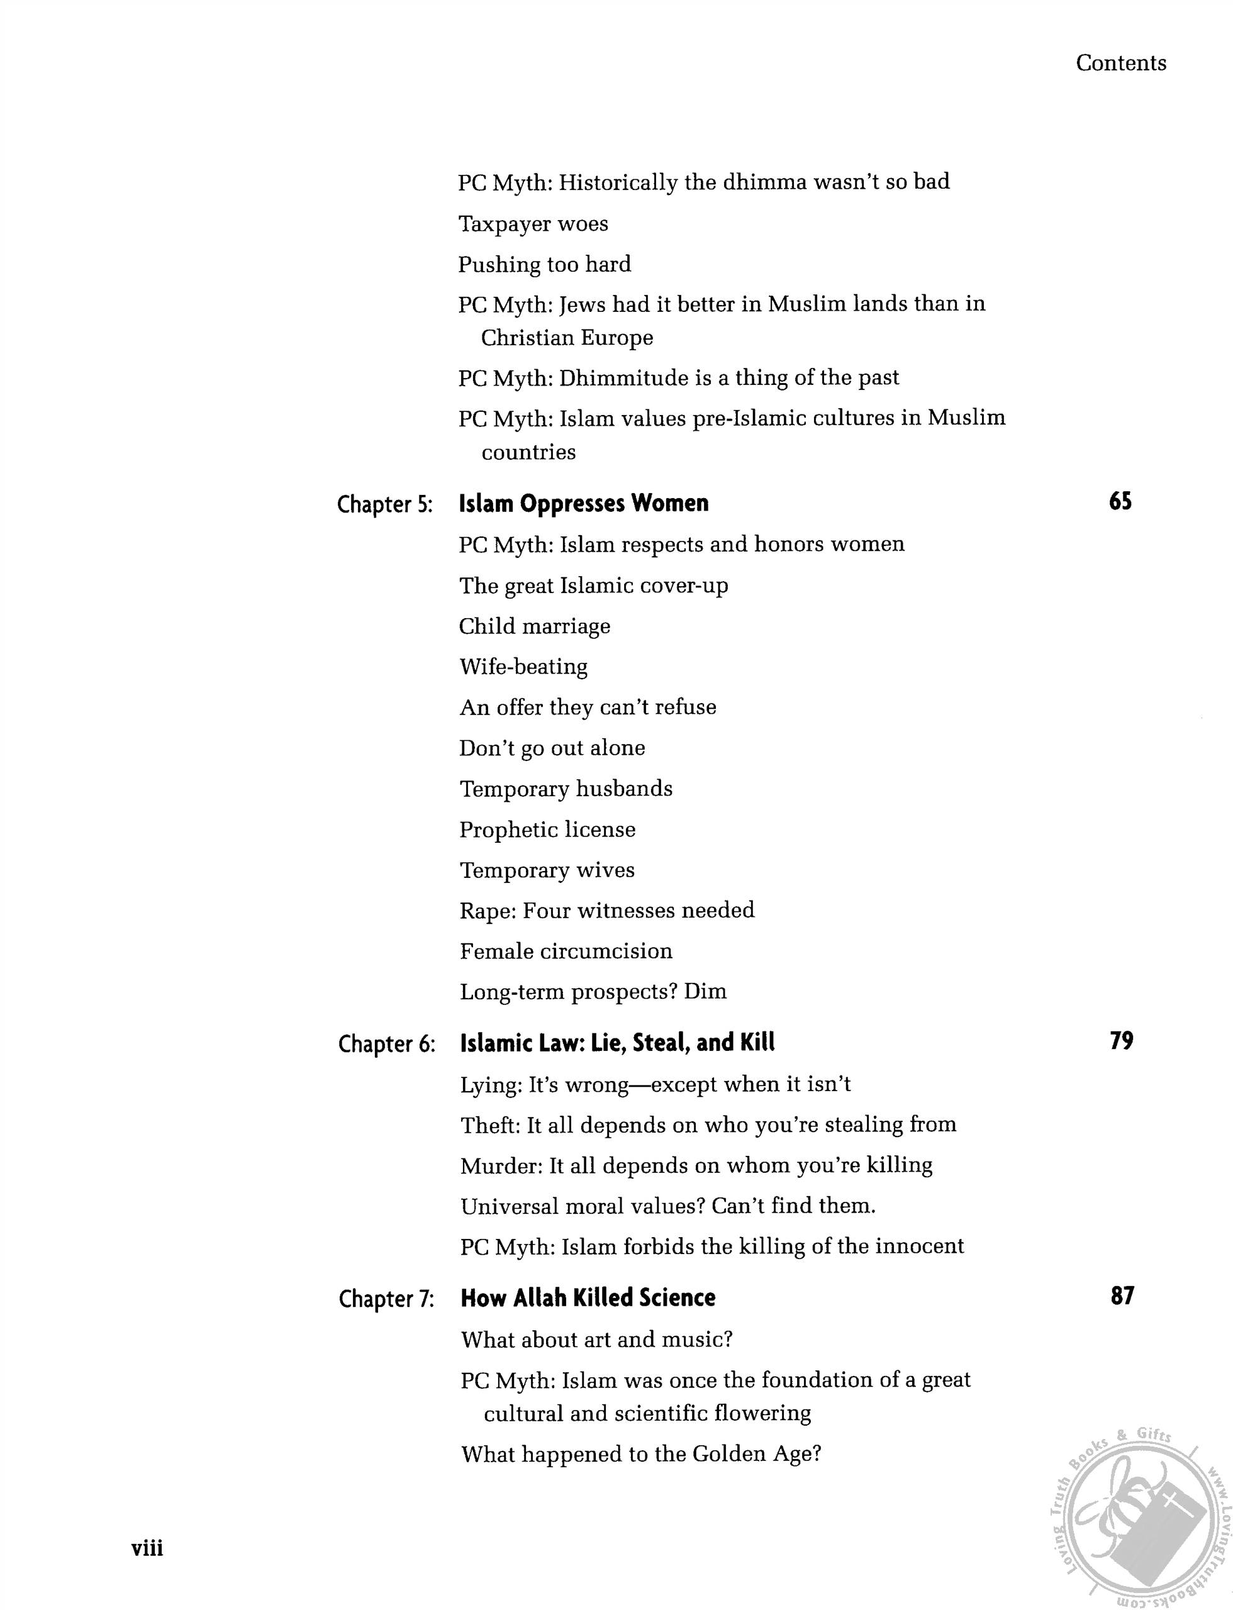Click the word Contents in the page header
(x=1121, y=63)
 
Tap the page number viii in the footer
(x=147, y=1548)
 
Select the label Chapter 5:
(x=384, y=505)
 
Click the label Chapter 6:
(x=387, y=1044)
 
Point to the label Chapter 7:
(x=387, y=1299)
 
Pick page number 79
(x=1122, y=1041)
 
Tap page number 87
(x=1122, y=1296)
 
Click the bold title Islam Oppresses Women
(x=584, y=503)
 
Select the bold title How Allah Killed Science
(x=587, y=1298)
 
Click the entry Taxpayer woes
(x=533, y=224)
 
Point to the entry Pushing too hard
(x=544, y=264)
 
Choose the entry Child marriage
(x=534, y=626)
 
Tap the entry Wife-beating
(x=523, y=666)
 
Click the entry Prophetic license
(x=547, y=830)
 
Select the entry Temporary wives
(x=547, y=870)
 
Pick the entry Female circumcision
(x=566, y=951)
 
